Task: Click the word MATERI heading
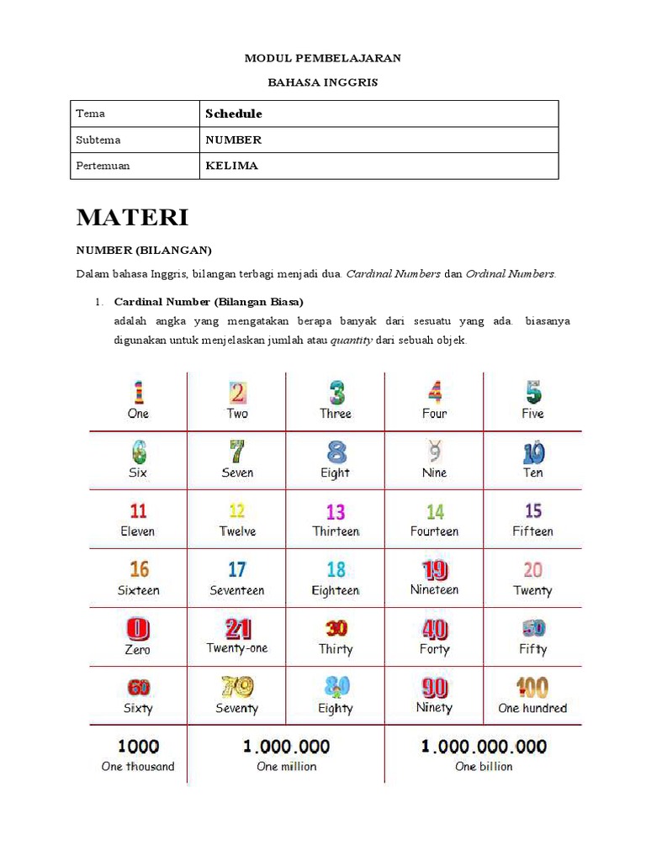click(x=133, y=218)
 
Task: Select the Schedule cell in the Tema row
click(x=234, y=114)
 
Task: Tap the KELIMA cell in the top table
click(x=231, y=166)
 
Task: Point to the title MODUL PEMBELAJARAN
click(x=322, y=58)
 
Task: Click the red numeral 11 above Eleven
click(x=138, y=511)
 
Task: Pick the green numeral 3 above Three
click(x=336, y=393)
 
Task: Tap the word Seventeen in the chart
click(x=237, y=590)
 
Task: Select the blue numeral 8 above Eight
click(x=336, y=452)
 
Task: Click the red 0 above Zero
click(x=137, y=629)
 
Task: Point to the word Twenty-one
click(x=237, y=648)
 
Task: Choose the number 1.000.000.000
click(x=484, y=746)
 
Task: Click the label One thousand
click(x=138, y=766)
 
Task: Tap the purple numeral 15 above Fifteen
click(x=532, y=511)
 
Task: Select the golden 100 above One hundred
click(x=532, y=688)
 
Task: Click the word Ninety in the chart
click(x=434, y=708)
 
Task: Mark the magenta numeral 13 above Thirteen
click(x=336, y=511)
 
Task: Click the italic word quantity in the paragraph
click(x=352, y=341)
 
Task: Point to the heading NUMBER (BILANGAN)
click(x=144, y=250)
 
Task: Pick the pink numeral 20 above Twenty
click(x=532, y=570)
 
